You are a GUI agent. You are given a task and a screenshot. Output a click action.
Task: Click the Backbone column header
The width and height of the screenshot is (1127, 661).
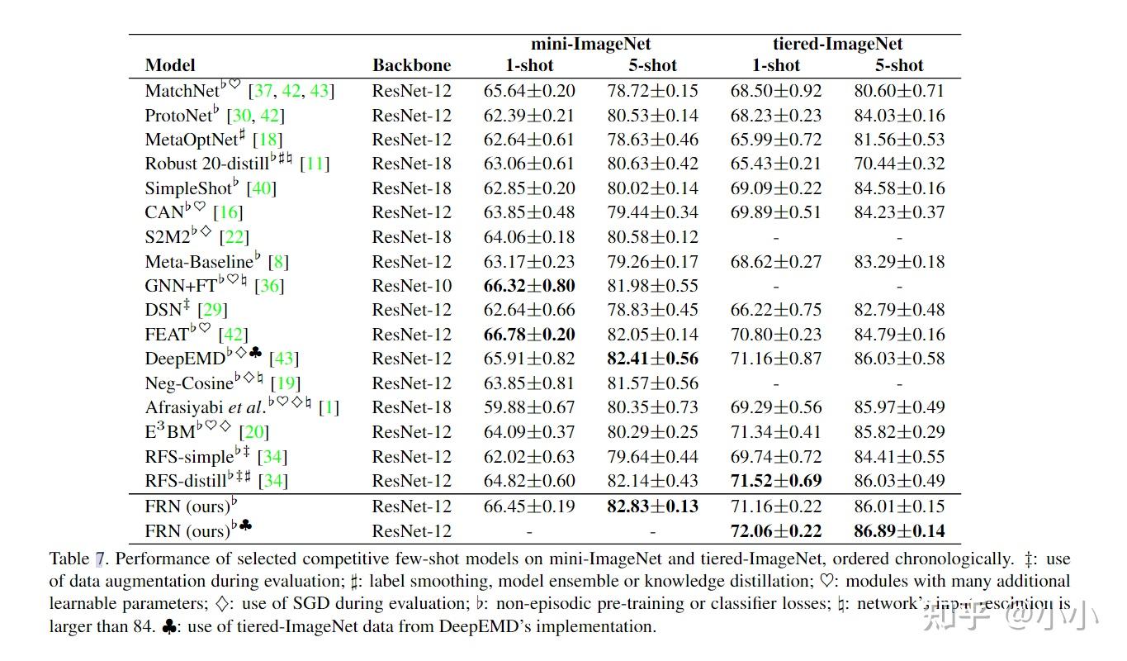411,65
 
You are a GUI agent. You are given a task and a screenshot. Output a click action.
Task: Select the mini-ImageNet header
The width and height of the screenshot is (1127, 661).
590,45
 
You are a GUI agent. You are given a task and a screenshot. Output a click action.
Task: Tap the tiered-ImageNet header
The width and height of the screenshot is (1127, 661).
837,45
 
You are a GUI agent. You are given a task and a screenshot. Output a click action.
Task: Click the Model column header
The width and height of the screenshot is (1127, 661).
170,65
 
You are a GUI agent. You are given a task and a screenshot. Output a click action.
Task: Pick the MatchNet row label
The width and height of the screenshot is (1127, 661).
182,91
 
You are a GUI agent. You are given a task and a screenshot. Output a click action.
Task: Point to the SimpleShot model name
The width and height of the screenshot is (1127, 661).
188,188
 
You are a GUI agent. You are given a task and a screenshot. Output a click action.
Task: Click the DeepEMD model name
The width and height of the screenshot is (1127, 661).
185,359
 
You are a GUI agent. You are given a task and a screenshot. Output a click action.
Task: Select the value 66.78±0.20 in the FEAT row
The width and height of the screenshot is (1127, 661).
529,335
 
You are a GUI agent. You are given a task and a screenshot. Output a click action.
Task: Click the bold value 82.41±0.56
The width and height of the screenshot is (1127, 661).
652,359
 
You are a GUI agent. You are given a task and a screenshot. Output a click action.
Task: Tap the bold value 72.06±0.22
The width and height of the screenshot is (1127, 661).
776,531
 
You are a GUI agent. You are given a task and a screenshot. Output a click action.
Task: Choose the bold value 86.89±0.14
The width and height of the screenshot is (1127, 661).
899,531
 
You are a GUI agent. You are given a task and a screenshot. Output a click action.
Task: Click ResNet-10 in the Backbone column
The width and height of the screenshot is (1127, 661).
411,286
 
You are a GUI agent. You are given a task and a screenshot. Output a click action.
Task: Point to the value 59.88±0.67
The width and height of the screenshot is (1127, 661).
529,407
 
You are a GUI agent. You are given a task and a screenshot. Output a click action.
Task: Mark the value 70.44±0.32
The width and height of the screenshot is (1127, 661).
899,164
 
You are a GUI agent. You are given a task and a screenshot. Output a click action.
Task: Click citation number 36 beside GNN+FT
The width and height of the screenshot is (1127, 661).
269,286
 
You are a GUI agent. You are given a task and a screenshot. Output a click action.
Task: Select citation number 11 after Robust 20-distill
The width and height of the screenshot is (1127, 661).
315,164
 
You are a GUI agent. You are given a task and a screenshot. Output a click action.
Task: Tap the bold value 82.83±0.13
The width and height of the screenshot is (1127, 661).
652,506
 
